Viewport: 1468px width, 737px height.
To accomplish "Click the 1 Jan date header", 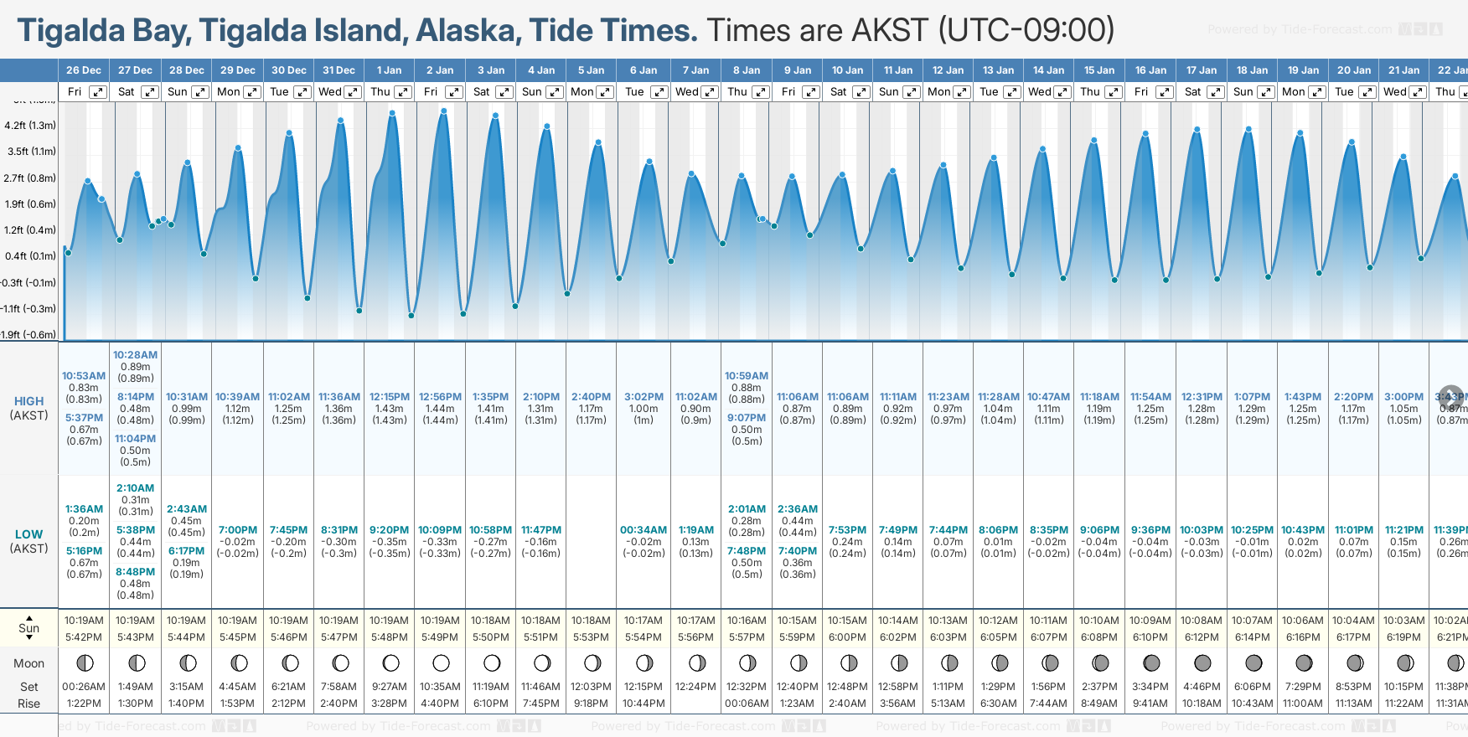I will pyautogui.click(x=389, y=70).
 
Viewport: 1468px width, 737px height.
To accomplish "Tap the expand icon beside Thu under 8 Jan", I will pyautogui.click(x=760, y=92).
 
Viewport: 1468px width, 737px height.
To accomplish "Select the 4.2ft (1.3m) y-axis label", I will pyautogui.click(x=30, y=126).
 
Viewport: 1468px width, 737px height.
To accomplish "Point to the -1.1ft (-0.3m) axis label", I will pyautogui.click(x=28, y=309).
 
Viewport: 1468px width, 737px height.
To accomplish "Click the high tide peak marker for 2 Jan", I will pyautogui.click(x=443, y=111).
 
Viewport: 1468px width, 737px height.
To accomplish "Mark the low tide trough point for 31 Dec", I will pyautogui.click(x=359, y=311).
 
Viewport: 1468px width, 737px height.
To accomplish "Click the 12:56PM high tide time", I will pyautogui.click(x=440, y=397).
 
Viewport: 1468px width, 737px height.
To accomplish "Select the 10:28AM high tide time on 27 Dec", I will pyautogui.click(x=135, y=355).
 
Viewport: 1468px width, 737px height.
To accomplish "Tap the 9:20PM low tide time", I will pyautogui.click(x=389, y=530).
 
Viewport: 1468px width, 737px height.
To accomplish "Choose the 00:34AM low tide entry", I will pyautogui.click(x=644, y=530).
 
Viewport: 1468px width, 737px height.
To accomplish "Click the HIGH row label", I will pyautogui.click(x=28, y=401).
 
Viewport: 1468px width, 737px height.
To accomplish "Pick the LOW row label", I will pyautogui.click(x=28, y=534).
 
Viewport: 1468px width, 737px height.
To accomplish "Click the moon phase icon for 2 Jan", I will pyautogui.click(x=441, y=663).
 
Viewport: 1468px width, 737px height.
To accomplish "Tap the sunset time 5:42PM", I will pyautogui.click(x=84, y=637).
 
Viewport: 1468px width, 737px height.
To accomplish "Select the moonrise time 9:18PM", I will pyautogui.click(x=591, y=703).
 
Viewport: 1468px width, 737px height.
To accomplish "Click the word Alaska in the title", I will pyautogui.click(x=467, y=31).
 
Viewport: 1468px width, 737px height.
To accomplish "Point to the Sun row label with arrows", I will pyautogui.click(x=28, y=628).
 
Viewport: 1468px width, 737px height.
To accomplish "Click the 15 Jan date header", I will pyautogui.click(x=1099, y=70).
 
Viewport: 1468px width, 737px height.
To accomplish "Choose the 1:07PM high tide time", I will pyautogui.click(x=1252, y=397).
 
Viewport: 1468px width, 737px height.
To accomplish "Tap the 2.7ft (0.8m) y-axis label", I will pyautogui.click(x=30, y=178).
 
